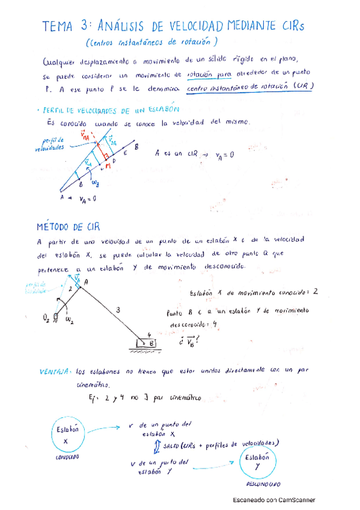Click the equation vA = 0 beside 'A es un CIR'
pos(221,154)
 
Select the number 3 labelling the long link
pos(118,310)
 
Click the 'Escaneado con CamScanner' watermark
pos(274,500)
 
